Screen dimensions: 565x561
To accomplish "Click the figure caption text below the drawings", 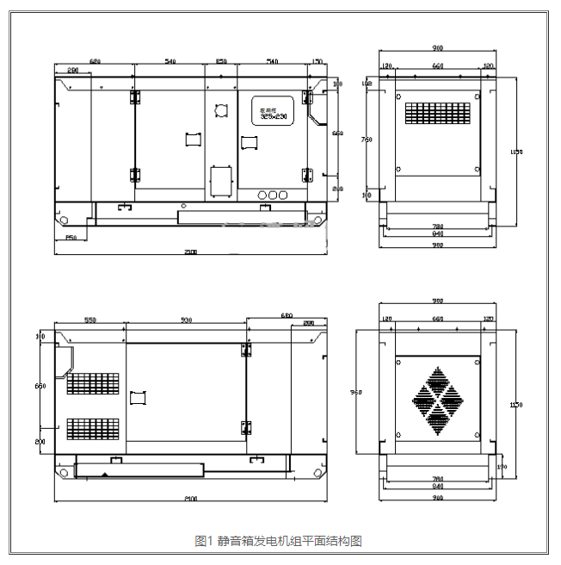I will tap(279, 541).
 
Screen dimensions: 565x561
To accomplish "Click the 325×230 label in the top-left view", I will tap(273, 115).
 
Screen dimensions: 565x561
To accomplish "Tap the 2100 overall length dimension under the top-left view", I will tap(190, 252).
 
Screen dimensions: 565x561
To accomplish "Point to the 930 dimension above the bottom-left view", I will tap(186, 320).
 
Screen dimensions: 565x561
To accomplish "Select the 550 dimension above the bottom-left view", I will tap(89, 320).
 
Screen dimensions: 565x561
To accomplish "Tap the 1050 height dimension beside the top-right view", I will tap(516, 152).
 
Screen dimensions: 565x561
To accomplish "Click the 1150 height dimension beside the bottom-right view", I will tap(516, 404).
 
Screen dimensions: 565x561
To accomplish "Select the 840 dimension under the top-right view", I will tap(437, 234).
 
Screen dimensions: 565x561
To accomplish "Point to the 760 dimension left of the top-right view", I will tap(367, 139).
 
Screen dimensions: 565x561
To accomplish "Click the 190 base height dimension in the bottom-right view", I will tap(502, 466).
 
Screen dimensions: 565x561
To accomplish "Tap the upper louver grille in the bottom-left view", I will tap(93, 384).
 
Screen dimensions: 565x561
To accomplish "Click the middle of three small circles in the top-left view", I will tap(273, 196).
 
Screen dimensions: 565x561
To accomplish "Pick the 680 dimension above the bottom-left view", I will tap(287, 316).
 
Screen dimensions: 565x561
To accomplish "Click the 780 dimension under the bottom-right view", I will tap(437, 478).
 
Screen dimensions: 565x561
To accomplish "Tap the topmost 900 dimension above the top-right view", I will tap(437, 48).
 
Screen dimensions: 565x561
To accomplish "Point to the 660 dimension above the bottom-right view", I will tap(437, 319).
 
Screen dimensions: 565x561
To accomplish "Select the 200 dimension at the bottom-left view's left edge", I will tap(40, 440).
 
